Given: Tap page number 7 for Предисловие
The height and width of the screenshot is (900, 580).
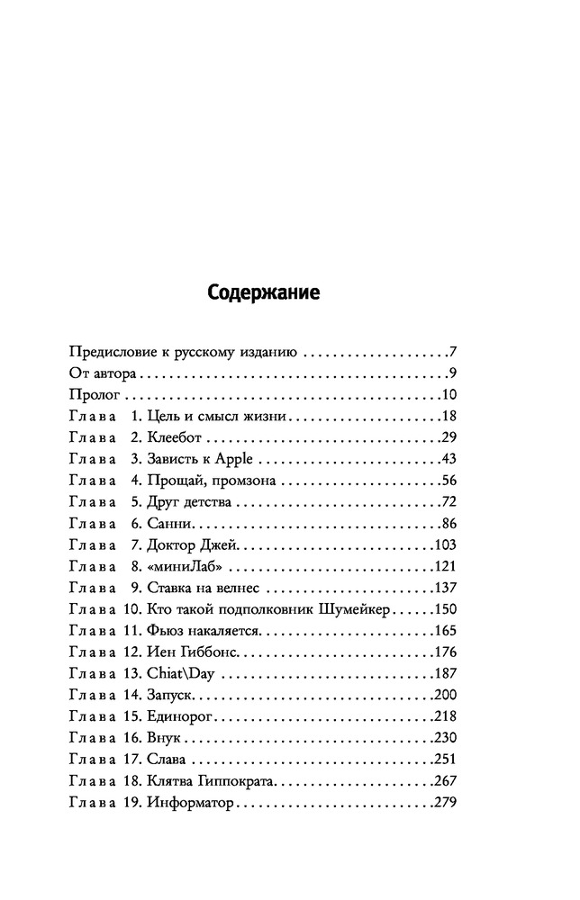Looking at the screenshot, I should (455, 352).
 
